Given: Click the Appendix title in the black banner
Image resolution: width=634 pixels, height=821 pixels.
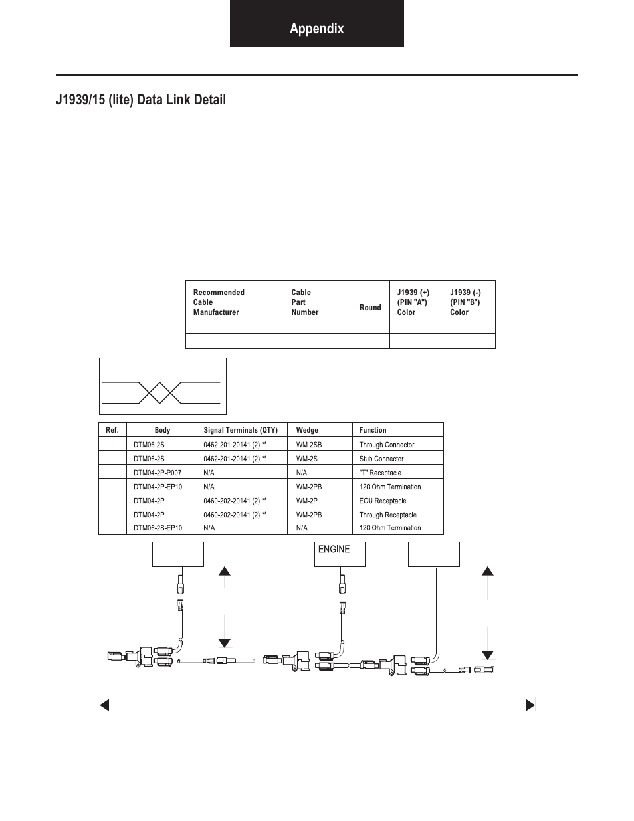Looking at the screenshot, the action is [316, 29].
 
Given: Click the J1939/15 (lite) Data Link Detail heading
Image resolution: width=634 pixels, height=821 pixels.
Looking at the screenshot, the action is [141, 100].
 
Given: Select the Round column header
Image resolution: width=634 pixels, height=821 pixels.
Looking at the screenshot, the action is [370, 308].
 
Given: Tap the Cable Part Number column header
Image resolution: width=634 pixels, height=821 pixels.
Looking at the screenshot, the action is [305, 302].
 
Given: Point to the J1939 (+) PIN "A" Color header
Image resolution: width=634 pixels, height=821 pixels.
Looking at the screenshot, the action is [413, 302].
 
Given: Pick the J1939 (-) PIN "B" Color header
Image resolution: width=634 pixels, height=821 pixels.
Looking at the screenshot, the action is [465, 302].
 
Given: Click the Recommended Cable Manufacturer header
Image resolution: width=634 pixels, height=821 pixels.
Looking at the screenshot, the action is [219, 302].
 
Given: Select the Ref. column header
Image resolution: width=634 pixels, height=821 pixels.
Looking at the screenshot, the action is [112, 430].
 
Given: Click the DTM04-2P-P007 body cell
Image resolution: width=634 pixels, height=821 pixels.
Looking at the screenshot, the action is [158, 473].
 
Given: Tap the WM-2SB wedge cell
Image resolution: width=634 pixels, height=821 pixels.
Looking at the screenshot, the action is [309, 445].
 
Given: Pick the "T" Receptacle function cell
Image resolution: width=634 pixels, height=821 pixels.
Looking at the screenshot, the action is [380, 473].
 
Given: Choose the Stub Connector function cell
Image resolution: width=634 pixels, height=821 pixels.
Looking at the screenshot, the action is [381, 459].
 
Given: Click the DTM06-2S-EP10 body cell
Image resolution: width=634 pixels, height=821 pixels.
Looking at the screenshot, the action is [158, 528].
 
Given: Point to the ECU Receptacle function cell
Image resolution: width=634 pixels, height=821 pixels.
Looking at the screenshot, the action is [383, 501].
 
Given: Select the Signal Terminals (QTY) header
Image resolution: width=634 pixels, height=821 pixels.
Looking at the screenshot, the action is [241, 430].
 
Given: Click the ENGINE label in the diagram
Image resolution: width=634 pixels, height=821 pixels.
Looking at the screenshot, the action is [334, 549].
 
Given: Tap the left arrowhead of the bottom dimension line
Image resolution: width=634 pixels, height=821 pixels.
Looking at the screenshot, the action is [104, 705].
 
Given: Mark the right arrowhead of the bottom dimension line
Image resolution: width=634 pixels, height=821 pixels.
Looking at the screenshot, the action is [530, 705].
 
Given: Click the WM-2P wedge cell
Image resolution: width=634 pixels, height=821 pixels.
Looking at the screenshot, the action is [306, 501].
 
